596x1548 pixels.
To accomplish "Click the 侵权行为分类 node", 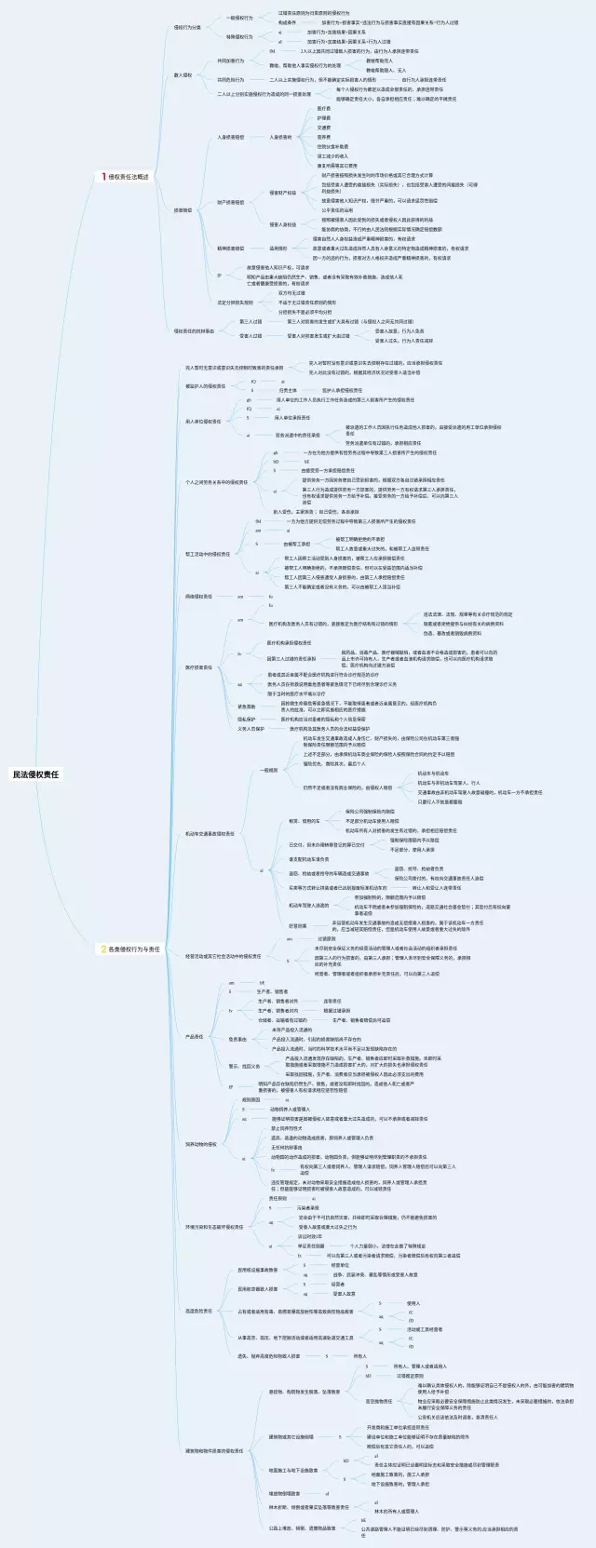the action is tap(186, 27).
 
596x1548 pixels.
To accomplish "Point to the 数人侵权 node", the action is tap(183, 74).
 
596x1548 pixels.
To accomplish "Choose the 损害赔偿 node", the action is tap(183, 209).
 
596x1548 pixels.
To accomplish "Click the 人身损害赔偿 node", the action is tap(230, 137).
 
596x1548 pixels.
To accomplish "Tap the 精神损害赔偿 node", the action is tap(230, 249).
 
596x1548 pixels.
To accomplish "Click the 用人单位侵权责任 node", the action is tap(203, 421).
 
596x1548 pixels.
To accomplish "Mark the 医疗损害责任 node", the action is tap(198, 667).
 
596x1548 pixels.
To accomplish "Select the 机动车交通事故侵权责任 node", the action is tap(210, 834).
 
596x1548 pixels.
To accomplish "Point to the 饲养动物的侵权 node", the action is tap(200, 1144).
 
